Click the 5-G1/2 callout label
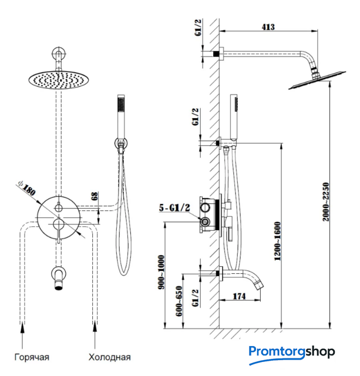point(174,208)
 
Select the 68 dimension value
point(95,197)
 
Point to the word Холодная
point(109,357)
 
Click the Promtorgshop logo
point(291,352)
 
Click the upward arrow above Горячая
point(22,337)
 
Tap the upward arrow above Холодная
point(94,337)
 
